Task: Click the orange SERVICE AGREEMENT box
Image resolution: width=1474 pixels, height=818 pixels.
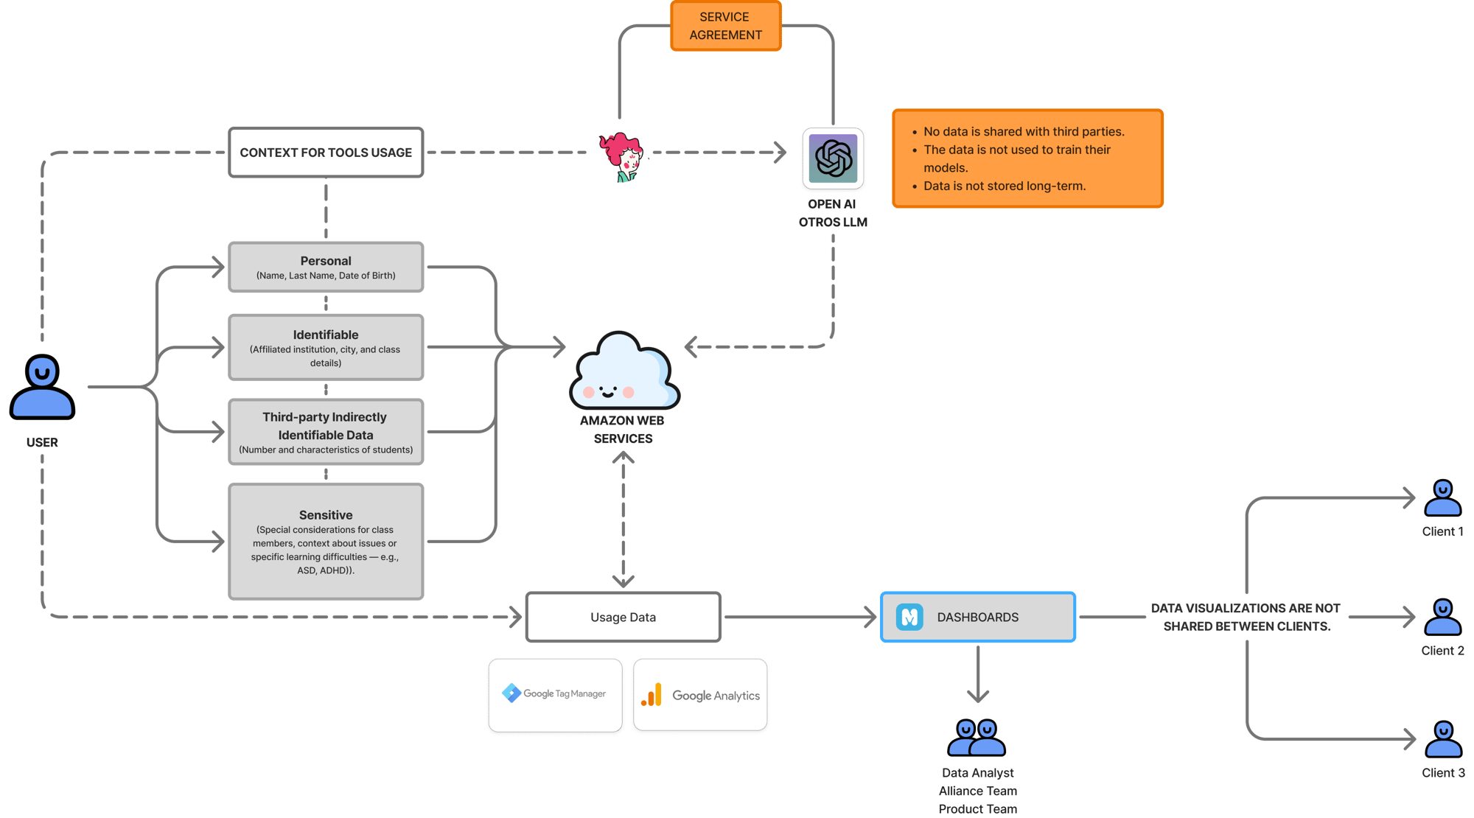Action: tap(725, 26)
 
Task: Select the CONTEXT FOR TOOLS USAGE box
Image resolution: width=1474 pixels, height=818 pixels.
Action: tap(326, 153)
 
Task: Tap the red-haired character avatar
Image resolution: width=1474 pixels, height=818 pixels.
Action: tap(620, 153)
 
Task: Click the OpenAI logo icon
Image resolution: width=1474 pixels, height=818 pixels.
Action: tap(833, 158)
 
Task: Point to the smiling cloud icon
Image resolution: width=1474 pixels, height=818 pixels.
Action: tap(624, 372)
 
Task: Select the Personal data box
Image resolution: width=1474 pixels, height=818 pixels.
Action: tap(326, 267)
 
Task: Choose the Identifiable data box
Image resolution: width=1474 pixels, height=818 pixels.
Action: tap(326, 347)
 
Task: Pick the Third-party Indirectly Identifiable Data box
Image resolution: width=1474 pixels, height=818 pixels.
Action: tap(326, 432)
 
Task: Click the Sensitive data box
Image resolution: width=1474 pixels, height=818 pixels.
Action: tap(326, 541)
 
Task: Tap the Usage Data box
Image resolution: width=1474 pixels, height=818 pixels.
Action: tap(623, 617)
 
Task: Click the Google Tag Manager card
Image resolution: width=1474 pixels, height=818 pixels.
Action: tap(555, 694)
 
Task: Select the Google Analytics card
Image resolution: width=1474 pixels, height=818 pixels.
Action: tap(701, 695)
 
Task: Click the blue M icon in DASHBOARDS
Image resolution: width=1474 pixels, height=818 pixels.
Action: tap(909, 617)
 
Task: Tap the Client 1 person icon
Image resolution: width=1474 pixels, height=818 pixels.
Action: tap(1442, 498)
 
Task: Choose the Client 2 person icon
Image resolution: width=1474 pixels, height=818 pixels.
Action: tap(1442, 618)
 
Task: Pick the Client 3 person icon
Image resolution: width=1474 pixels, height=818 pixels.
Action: tap(1442, 739)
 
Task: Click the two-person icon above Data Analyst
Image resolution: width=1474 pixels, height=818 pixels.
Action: tap(977, 738)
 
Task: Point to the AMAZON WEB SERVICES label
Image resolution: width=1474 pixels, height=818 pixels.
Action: tap(623, 430)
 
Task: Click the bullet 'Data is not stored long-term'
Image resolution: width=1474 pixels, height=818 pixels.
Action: tap(1004, 186)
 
